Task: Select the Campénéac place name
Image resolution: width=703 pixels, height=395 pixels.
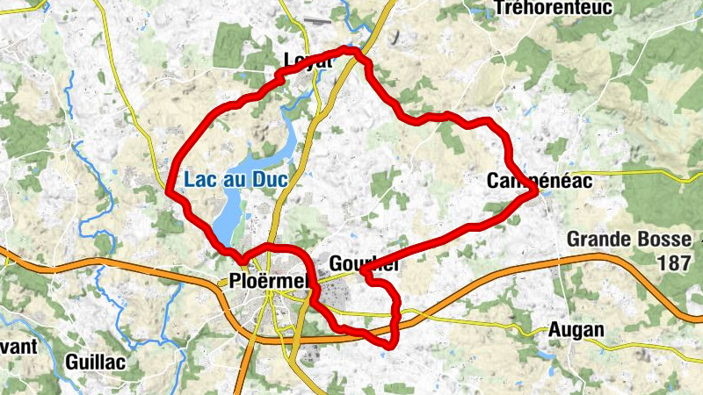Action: click(x=540, y=180)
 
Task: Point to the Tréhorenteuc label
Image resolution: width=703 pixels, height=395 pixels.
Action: click(x=553, y=9)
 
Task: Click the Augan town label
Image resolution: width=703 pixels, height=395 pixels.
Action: click(x=576, y=330)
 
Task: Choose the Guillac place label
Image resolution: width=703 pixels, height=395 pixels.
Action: click(x=96, y=361)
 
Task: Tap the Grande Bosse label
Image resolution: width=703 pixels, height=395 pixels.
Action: click(x=625, y=239)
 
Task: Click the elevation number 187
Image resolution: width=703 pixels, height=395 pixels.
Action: click(x=678, y=262)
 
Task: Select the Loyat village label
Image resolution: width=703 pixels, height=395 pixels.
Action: click(x=307, y=61)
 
